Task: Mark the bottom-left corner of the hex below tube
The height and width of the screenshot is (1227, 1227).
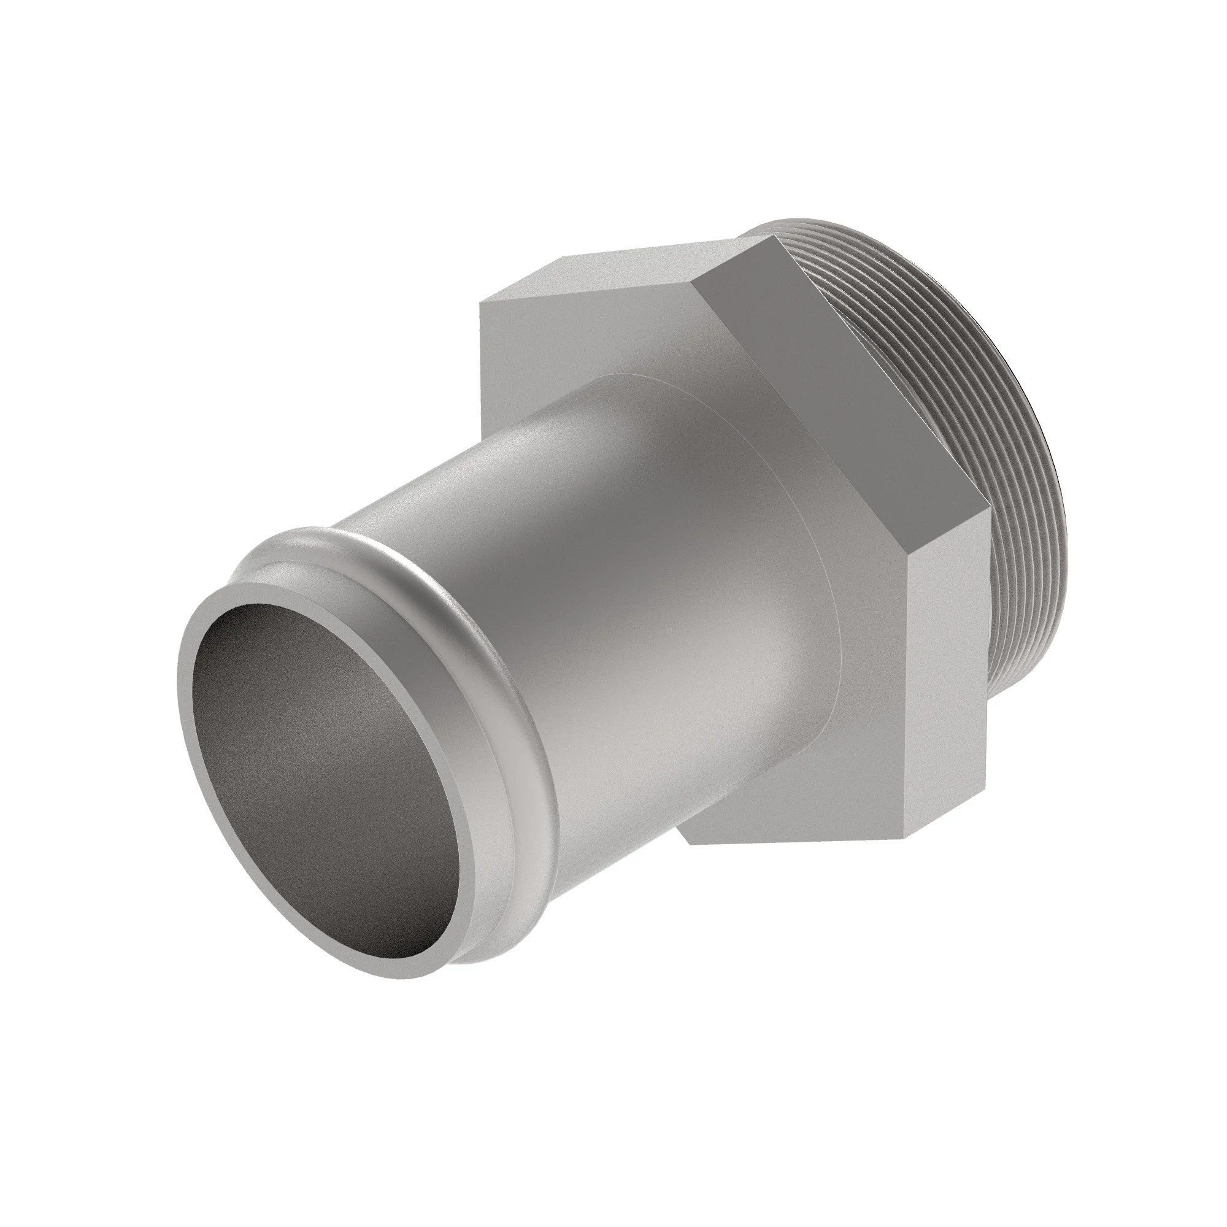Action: click(x=689, y=845)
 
